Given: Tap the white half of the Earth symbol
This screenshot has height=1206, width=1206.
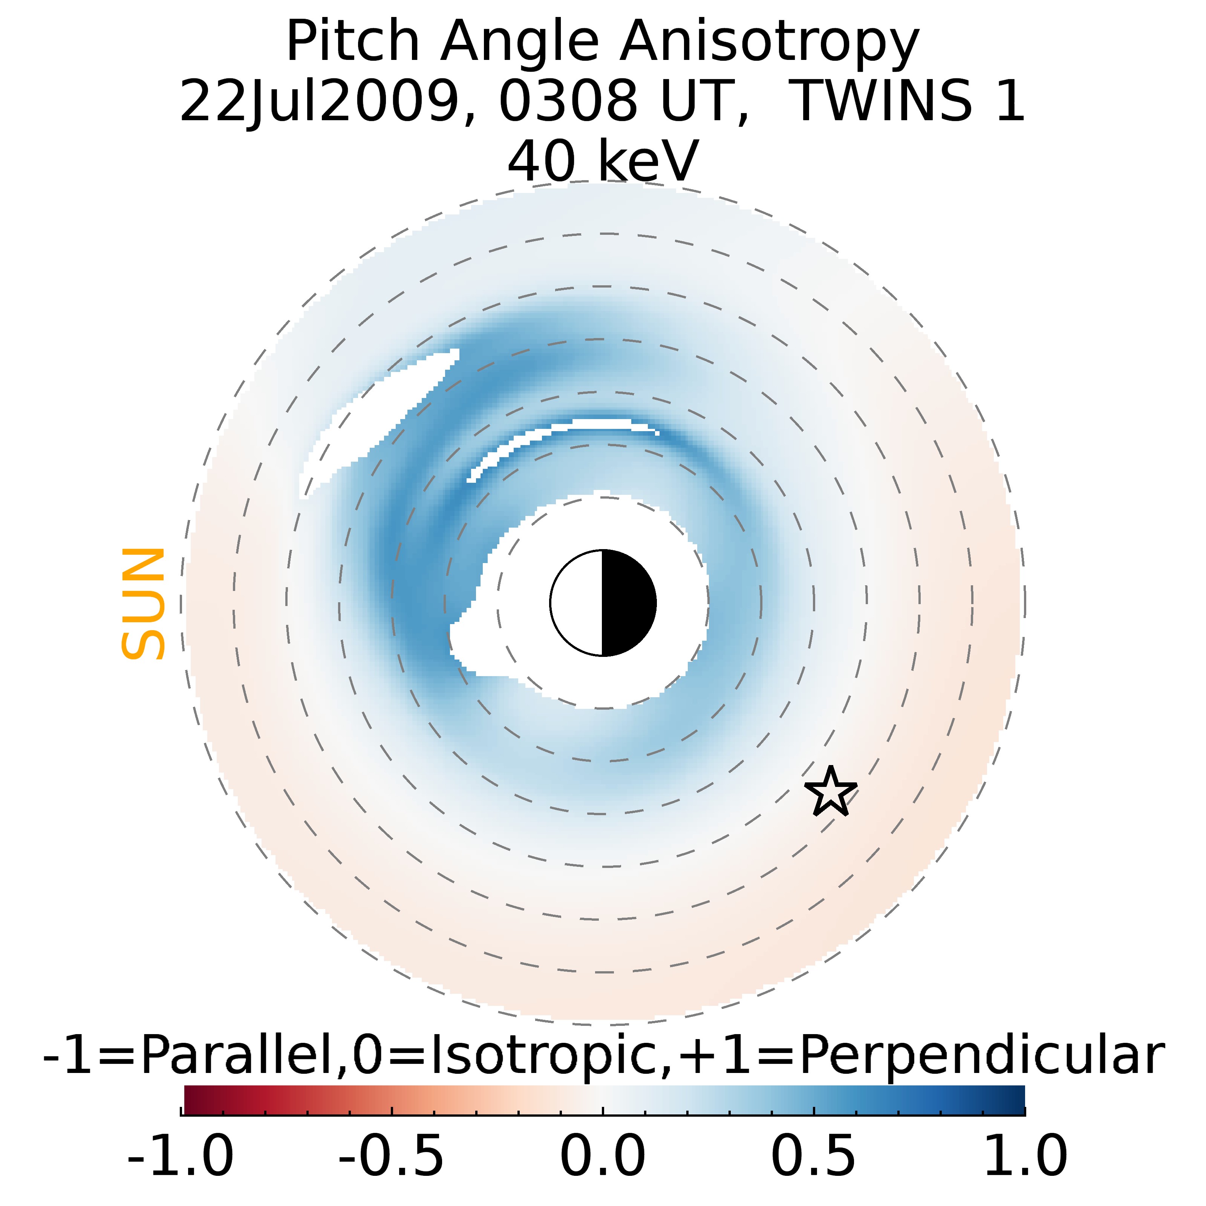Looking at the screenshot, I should pyautogui.click(x=577, y=603).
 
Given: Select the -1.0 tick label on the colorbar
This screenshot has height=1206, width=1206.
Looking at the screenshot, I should pyautogui.click(x=181, y=1155).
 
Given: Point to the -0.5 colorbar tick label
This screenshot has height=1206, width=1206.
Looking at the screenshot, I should pyautogui.click(x=392, y=1155).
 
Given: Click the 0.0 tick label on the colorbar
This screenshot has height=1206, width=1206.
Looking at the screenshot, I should pyautogui.click(x=602, y=1155).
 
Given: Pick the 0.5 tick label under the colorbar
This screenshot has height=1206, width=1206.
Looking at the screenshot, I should pyautogui.click(x=813, y=1155).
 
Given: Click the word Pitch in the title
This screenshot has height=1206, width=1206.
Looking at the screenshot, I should pyautogui.click(x=352, y=43).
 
